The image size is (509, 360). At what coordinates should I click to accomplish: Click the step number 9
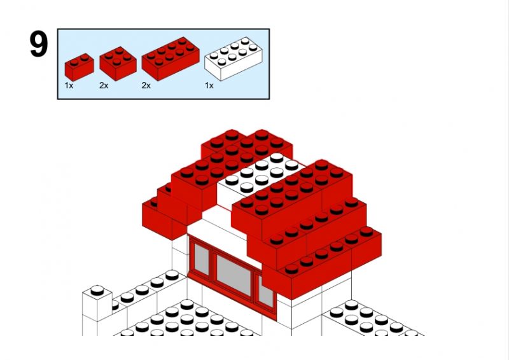click(39, 44)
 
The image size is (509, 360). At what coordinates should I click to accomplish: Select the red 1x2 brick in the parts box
click(79, 67)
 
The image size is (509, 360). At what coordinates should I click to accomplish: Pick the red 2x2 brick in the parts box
click(118, 64)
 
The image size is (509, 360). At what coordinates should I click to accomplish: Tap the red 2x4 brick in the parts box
click(171, 59)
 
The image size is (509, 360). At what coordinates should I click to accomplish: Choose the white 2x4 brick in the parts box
click(233, 59)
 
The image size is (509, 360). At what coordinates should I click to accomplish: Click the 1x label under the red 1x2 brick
click(69, 86)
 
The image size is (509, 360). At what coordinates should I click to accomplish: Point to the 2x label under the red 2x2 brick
click(104, 86)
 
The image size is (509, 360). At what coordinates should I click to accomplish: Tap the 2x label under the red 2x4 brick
click(146, 86)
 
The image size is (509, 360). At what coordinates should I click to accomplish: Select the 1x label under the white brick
click(209, 86)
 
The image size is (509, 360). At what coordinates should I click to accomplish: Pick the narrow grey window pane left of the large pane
click(202, 259)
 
